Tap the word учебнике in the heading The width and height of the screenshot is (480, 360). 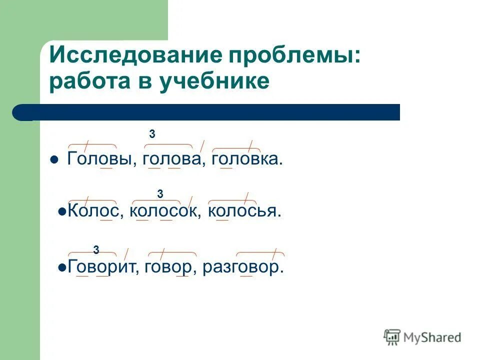[215, 81]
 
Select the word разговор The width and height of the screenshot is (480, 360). [243, 267]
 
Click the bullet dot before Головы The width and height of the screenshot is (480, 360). [54, 160]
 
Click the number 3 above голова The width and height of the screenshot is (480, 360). [152, 134]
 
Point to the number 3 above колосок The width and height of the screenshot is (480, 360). [160, 193]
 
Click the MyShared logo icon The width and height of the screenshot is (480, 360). [392, 337]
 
